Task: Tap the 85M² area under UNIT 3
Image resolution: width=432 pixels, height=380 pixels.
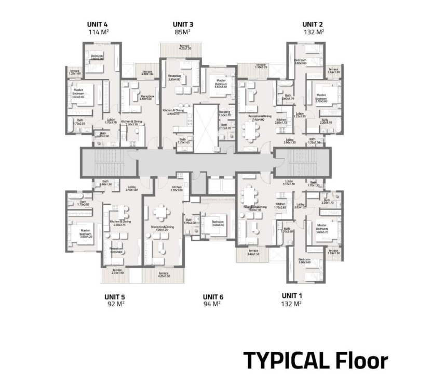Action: (183, 32)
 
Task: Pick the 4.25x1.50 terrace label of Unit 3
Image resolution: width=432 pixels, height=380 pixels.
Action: (185, 47)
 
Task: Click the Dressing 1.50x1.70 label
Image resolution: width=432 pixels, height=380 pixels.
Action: (224, 113)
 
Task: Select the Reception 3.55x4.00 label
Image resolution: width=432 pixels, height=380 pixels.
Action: (174, 78)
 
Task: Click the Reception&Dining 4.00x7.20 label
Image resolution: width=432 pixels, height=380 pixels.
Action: (162, 228)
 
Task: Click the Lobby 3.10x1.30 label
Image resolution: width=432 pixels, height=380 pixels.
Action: (289, 183)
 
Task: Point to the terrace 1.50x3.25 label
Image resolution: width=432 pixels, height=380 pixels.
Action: (260, 67)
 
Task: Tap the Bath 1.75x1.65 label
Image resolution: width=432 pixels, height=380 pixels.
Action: (183, 141)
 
